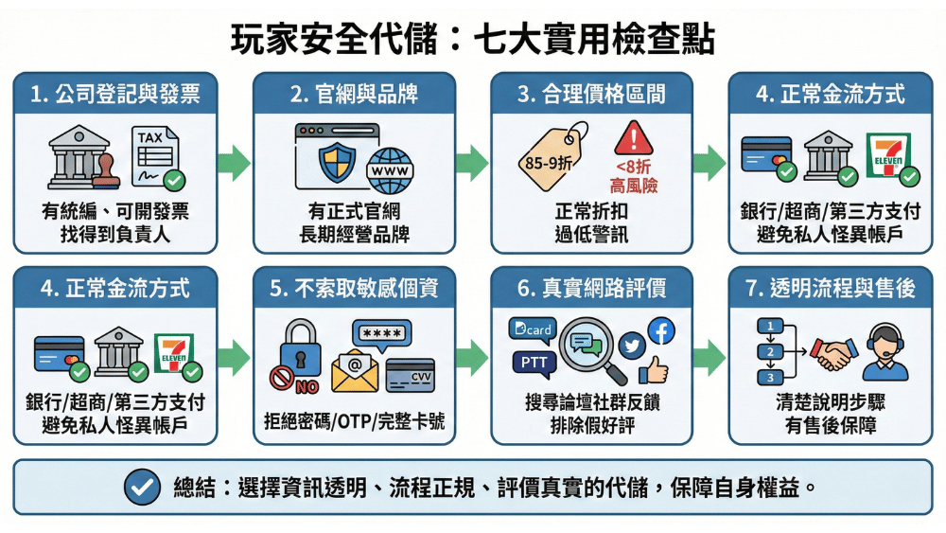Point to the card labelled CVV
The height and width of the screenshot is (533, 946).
point(411,376)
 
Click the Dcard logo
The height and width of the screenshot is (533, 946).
point(530,329)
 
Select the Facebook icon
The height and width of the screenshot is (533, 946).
point(660,330)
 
